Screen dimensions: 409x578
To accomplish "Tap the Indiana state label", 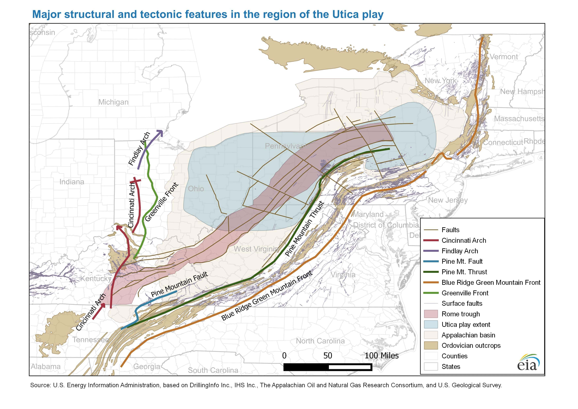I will pyautogui.click(x=72, y=182).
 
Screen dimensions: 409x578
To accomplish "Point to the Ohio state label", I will pyautogui.click(x=196, y=189).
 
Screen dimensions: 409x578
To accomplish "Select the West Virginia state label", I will pyautogui.click(x=256, y=249).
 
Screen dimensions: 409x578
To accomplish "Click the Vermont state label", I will pyautogui.click(x=504, y=57).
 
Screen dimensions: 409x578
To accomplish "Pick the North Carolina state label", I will pyautogui.click(x=320, y=341).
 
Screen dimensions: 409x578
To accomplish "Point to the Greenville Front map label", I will pyautogui.click(x=162, y=202).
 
